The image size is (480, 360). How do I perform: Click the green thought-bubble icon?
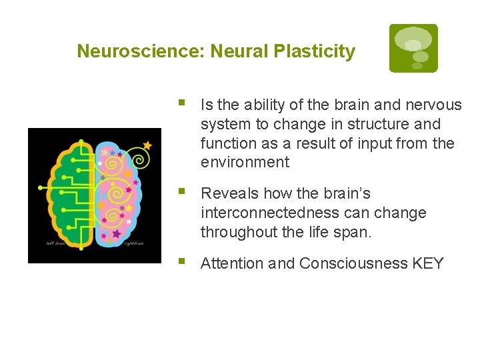(413, 48)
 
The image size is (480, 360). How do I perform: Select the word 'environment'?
(245, 162)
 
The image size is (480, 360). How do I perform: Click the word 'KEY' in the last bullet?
(428, 263)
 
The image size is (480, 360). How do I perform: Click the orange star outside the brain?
(147, 145)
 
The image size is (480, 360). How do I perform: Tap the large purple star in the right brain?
(117, 234)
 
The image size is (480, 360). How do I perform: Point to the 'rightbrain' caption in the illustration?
(134, 243)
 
